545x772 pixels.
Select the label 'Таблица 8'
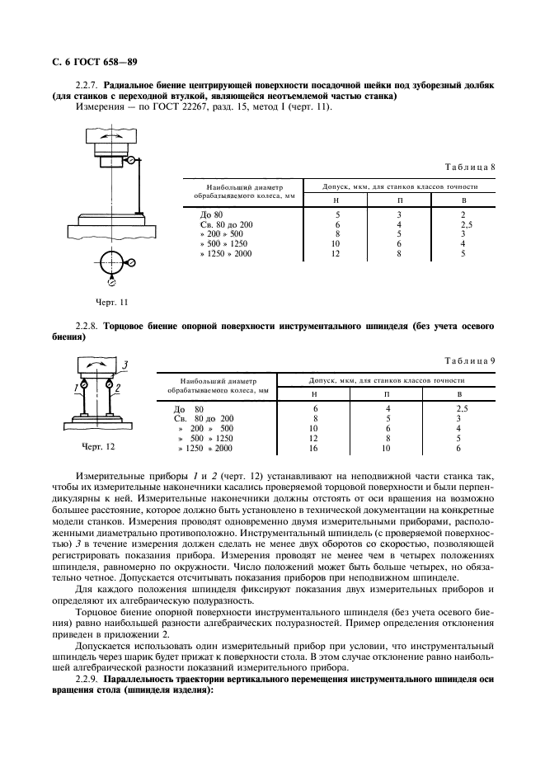[x=470, y=167]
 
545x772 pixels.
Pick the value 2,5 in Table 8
[x=464, y=224]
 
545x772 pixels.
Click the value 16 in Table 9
[x=314, y=448]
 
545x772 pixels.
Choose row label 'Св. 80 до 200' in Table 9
[x=198, y=418]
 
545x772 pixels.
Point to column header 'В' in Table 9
[x=458, y=394]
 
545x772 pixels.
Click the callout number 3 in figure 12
[x=125, y=364]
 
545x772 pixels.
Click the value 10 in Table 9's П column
[x=388, y=448]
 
